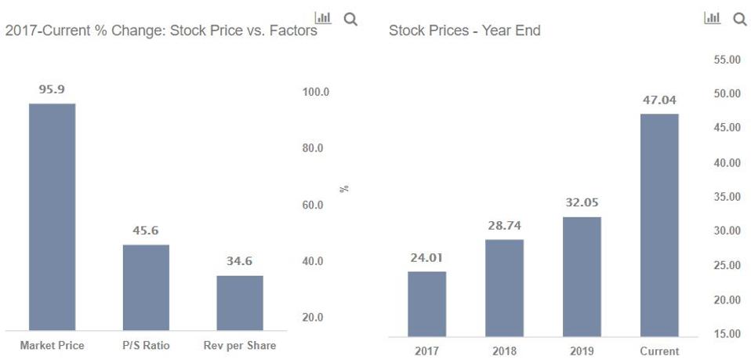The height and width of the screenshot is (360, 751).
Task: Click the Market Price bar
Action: coord(52,216)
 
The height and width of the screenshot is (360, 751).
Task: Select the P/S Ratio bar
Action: coord(146,287)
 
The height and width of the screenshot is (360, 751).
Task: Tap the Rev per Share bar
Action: coord(239,303)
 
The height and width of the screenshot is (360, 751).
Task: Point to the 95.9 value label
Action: coord(52,89)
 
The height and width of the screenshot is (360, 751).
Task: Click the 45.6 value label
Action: coord(146,231)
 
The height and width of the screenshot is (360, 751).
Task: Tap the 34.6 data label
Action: coord(239,261)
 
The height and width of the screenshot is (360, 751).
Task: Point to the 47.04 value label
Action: coord(659,100)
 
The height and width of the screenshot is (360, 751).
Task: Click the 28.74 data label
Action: coord(504,225)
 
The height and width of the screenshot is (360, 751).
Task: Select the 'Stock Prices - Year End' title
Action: coord(464,31)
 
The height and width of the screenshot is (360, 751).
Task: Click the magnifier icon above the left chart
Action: coord(350,19)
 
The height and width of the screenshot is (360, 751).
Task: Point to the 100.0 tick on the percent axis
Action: coord(315,92)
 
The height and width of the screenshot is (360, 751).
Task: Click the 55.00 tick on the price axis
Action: coord(725,60)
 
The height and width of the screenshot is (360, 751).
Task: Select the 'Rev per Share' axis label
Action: coord(239,345)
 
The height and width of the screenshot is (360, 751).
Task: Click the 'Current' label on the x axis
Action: coord(659,351)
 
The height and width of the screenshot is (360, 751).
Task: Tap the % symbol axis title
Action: coord(343,188)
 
